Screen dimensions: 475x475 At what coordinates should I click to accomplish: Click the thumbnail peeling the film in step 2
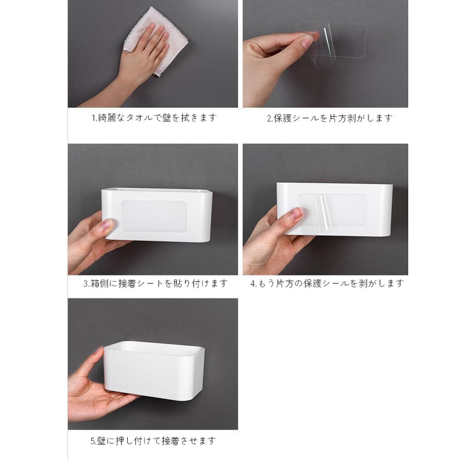tap(307, 40)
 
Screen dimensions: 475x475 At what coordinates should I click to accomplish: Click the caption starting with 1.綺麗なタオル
tap(153, 118)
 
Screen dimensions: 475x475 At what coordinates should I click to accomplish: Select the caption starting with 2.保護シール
tap(329, 118)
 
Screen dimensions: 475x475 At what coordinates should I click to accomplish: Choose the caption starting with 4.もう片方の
tap(327, 283)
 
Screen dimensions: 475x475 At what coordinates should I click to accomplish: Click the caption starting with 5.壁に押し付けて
tap(153, 441)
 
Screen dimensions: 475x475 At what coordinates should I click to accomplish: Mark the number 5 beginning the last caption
tap(92, 441)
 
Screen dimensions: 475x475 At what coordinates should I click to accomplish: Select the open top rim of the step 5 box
tap(154, 347)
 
